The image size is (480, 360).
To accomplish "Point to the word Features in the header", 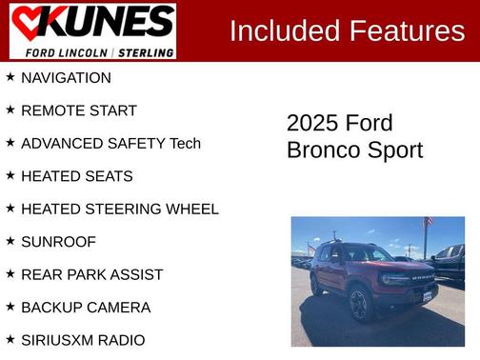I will tap(406, 31).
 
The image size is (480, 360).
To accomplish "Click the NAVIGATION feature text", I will tap(66, 78).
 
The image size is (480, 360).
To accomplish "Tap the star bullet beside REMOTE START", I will tap(10, 110).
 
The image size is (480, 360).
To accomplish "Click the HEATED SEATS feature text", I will tap(76, 176).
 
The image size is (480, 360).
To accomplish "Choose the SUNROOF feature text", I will tap(58, 242).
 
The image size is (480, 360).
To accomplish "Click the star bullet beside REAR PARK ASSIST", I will tap(10, 274).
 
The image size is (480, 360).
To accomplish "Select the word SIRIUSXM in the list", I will tap(61, 340).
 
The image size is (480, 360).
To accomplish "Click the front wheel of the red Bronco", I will tap(359, 305).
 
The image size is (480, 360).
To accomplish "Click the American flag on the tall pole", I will tap(428, 223).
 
